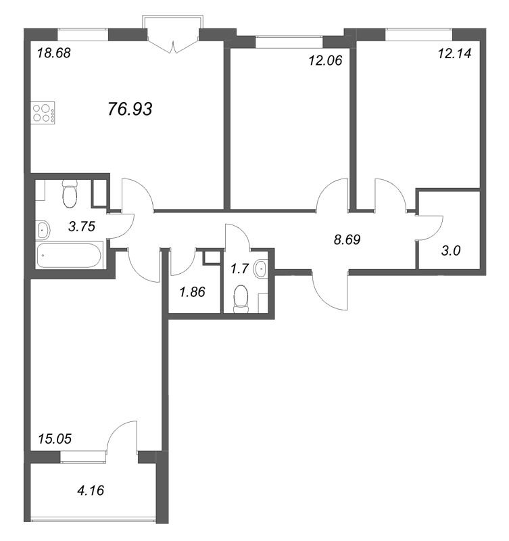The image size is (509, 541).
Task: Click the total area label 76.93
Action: [130, 109]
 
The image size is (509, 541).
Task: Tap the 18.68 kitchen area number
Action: [54, 53]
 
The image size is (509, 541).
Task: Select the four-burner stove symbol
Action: [43, 112]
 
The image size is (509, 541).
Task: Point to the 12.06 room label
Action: [325, 61]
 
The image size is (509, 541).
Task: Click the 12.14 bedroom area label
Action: [454, 53]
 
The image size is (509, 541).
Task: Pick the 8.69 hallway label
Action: [347, 239]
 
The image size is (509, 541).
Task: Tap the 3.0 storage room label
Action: [451, 251]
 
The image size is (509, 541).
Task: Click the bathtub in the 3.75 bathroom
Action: [70, 255]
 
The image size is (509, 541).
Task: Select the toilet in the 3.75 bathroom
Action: [70, 194]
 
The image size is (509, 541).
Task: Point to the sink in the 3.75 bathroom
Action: [43, 229]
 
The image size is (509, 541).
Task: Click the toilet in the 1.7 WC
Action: [241, 299]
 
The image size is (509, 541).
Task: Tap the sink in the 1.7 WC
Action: [261, 268]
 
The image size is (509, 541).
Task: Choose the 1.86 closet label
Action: [192, 292]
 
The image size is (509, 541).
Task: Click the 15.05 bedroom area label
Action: [55, 439]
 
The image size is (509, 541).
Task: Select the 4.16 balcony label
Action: [91, 490]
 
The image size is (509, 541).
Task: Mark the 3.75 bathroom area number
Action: [82, 227]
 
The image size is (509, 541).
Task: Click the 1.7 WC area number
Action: [239, 268]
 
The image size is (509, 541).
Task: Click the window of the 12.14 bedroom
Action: [418, 35]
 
